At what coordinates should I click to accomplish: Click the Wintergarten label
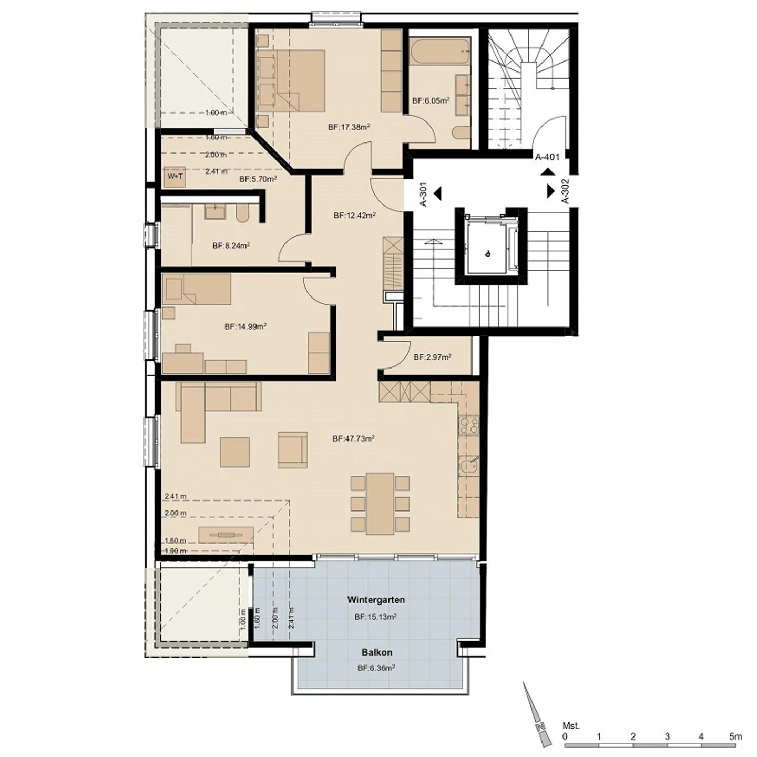coord(375,599)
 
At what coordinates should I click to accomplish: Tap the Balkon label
coord(377,652)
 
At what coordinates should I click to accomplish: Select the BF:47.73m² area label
coord(353,438)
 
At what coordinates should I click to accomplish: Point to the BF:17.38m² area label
coord(349,127)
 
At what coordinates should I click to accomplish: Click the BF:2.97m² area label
coord(432,357)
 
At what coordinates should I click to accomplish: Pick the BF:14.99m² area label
coord(245,326)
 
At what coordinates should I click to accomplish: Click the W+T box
coord(175,177)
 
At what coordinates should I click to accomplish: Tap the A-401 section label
coord(547,157)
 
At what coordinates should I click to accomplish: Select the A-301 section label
coord(424,193)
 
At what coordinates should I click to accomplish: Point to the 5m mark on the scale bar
coord(735,737)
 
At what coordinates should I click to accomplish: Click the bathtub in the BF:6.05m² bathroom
coord(439,53)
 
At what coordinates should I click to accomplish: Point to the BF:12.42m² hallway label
coord(354,215)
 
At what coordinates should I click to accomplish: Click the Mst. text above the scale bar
coord(571,726)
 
